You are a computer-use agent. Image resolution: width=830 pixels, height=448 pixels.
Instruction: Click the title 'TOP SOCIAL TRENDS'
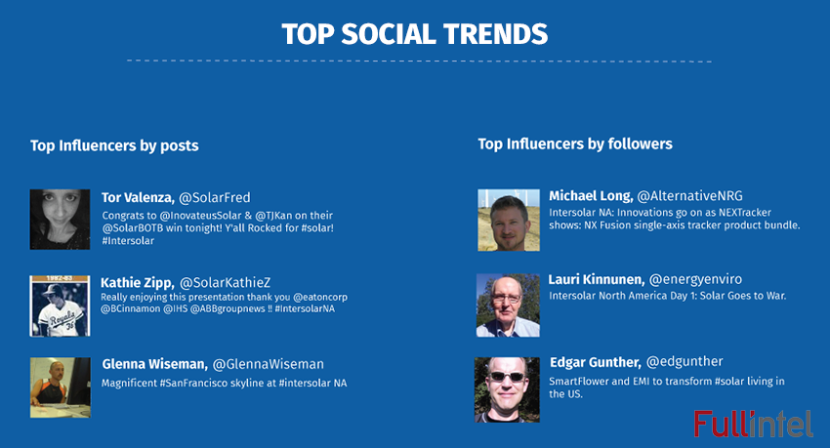(x=414, y=33)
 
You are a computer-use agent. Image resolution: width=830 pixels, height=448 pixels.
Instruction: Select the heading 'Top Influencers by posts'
(x=114, y=145)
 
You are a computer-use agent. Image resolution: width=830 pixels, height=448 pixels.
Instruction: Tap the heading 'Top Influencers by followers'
(x=575, y=143)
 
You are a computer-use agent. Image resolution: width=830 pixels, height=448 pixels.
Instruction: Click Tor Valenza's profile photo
(x=60, y=219)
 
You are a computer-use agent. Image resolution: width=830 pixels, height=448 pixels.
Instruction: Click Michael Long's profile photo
(x=508, y=219)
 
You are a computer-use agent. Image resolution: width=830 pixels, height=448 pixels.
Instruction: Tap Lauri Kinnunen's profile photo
(x=508, y=305)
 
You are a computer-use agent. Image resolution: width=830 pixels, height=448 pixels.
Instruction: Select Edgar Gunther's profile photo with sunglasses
(x=507, y=388)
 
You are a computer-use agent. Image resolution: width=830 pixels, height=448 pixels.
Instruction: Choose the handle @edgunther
(x=683, y=363)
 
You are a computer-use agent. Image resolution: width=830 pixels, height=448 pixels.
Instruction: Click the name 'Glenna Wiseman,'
(x=154, y=364)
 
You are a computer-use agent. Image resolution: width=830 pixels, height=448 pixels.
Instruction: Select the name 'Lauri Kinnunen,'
(x=596, y=278)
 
